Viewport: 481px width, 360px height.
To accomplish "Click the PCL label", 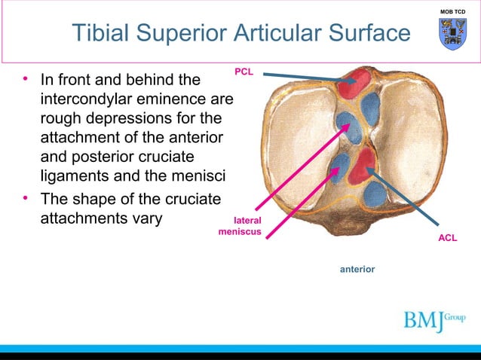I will tap(244, 72).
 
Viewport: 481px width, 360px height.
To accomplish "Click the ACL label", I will tap(449, 237).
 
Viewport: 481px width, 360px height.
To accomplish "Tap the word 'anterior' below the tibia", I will tap(357, 268).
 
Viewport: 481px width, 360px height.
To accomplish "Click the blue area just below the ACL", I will tap(375, 194).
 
